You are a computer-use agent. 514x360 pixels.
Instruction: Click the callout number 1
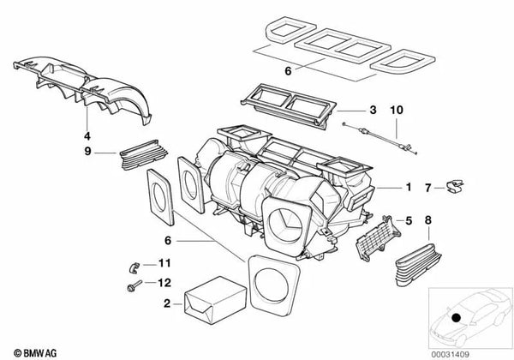[409, 187]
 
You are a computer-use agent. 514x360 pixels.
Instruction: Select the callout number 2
[167, 303]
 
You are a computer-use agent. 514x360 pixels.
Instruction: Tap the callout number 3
[373, 110]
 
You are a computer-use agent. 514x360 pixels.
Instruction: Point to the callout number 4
[87, 135]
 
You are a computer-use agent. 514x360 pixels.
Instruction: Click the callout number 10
[397, 110]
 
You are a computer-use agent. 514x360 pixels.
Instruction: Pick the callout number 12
[164, 282]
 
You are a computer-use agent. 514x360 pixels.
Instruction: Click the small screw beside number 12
[134, 286]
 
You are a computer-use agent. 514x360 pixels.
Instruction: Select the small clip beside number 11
[133, 267]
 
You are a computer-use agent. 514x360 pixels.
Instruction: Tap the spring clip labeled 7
[455, 186]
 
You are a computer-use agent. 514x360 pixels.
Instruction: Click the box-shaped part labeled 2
[215, 300]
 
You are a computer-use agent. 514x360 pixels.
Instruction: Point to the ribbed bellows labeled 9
[143, 155]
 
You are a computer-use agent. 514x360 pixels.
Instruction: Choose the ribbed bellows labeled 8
[418, 264]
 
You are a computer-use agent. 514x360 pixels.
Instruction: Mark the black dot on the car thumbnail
[456, 318]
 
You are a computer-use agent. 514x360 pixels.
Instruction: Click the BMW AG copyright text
[35, 353]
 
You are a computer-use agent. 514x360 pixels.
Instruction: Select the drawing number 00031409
[450, 354]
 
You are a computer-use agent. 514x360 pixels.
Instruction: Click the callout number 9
[87, 151]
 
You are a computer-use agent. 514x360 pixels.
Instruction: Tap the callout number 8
[428, 220]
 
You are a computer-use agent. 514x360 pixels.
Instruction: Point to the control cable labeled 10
[380, 138]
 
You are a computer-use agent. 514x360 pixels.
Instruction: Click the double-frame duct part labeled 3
[289, 105]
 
